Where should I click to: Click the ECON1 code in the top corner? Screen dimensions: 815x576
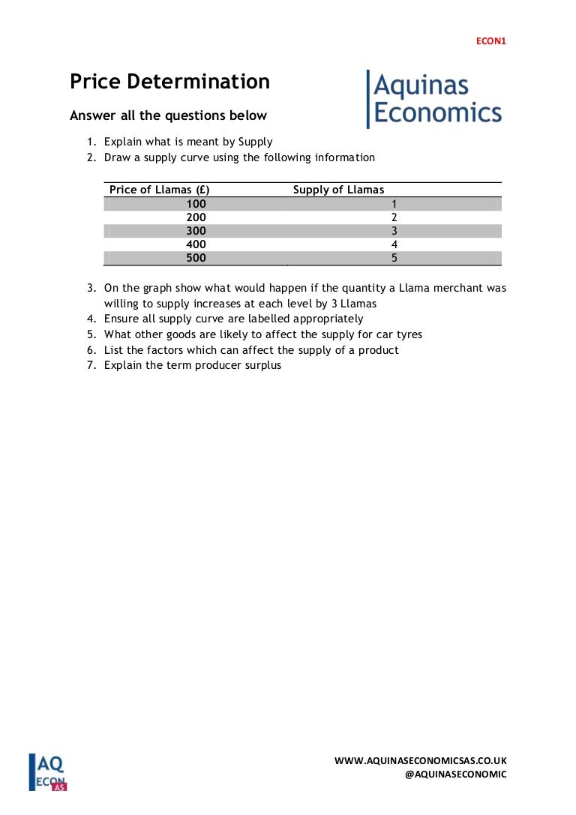(491, 41)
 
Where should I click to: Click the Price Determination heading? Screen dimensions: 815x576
(169, 82)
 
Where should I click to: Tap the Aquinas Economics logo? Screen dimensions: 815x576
(434, 99)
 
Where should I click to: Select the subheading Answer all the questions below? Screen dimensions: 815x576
(168, 115)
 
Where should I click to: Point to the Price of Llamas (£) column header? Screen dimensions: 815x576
(159, 190)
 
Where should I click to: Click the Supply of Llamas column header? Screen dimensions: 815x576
(338, 190)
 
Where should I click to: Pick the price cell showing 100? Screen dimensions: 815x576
(196, 203)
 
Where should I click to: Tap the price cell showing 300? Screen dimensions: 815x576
(196, 231)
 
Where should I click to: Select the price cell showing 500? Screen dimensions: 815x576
(196, 258)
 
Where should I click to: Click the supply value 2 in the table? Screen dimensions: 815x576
(394, 217)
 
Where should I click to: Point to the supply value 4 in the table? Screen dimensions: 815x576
(394, 244)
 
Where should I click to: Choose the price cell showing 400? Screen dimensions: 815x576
(196, 244)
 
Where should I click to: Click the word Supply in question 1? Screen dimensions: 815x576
(255, 141)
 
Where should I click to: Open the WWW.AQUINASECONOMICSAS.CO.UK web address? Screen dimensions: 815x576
(420, 760)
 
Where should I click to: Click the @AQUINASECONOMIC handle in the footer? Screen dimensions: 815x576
(455, 775)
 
